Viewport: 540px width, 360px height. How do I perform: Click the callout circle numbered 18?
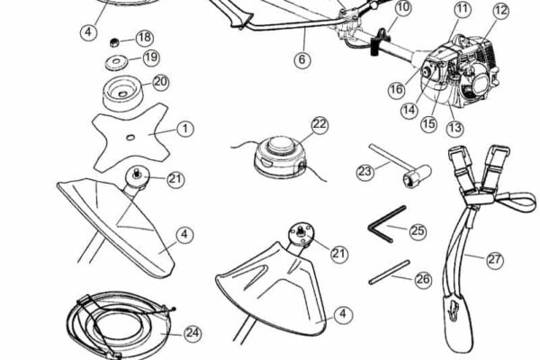click(x=145, y=38)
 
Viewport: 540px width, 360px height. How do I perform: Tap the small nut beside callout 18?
click(x=114, y=42)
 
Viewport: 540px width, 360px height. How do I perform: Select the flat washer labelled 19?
click(x=116, y=62)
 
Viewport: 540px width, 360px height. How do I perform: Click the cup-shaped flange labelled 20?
click(x=123, y=92)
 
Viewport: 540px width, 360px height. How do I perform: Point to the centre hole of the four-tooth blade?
click(x=130, y=138)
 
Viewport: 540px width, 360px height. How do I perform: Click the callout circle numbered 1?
click(x=185, y=129)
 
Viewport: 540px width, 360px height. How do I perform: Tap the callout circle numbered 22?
click(x=319, y=124)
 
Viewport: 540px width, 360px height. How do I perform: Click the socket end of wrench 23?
click(x=416, y=176)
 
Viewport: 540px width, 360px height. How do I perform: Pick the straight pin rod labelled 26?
click(x=390, y=272)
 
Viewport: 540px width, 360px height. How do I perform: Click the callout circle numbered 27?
click(x=494, y=260)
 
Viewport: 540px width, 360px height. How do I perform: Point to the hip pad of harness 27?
click(x=456, y=320)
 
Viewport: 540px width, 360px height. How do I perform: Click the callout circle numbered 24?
click(x=193, y=333)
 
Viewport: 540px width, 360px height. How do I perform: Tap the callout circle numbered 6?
click(x=302, y=59)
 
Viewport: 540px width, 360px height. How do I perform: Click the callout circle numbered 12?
click(x=500, y=10)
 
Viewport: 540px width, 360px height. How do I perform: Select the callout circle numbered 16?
click(x=396, y=90)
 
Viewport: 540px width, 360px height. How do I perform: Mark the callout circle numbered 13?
click(x=454, y=128)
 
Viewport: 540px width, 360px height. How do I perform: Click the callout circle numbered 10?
click(x=403, y=7)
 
